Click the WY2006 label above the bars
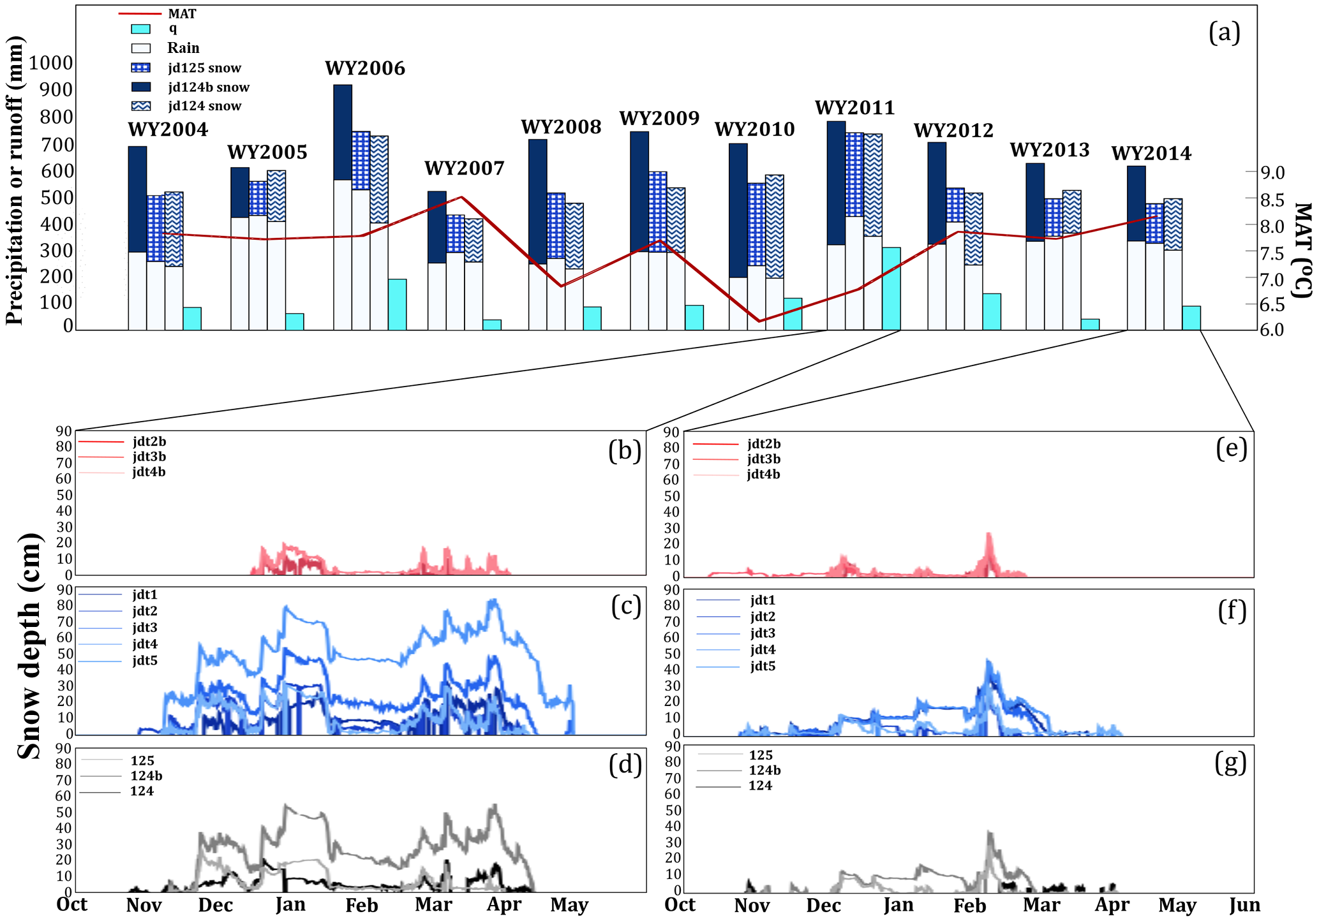pos(365,68)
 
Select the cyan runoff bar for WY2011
pos(891,288)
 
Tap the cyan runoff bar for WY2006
pos(397,304)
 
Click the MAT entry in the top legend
pos(182,13)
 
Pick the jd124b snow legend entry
pos(208,87)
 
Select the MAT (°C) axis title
pos(1302,250)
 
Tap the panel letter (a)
pos(1224,32)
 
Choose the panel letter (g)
pos(1230,763)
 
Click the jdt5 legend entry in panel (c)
pos(145,660)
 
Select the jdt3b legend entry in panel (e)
pos(763,459)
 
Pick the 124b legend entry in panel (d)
pos(146,776)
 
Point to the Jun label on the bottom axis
pos(1244,905)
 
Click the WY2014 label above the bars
pos(1151,154)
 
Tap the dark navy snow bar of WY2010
pos(738,210)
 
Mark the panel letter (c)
pos(625,606)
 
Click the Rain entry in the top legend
pos(183,48)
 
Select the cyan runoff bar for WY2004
pos(192,318)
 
